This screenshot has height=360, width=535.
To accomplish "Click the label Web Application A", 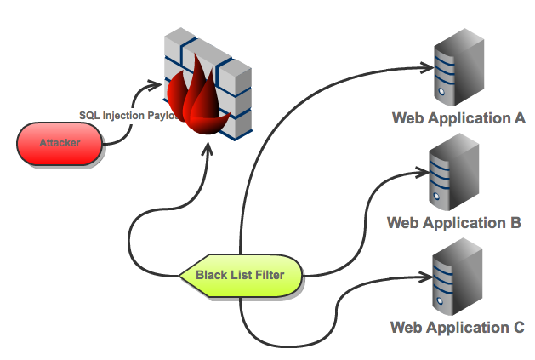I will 458,118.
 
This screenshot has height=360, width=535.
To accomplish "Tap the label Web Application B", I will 453,223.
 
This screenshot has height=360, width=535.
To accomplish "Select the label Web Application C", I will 458,327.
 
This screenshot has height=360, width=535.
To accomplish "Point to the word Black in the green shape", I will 213,275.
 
